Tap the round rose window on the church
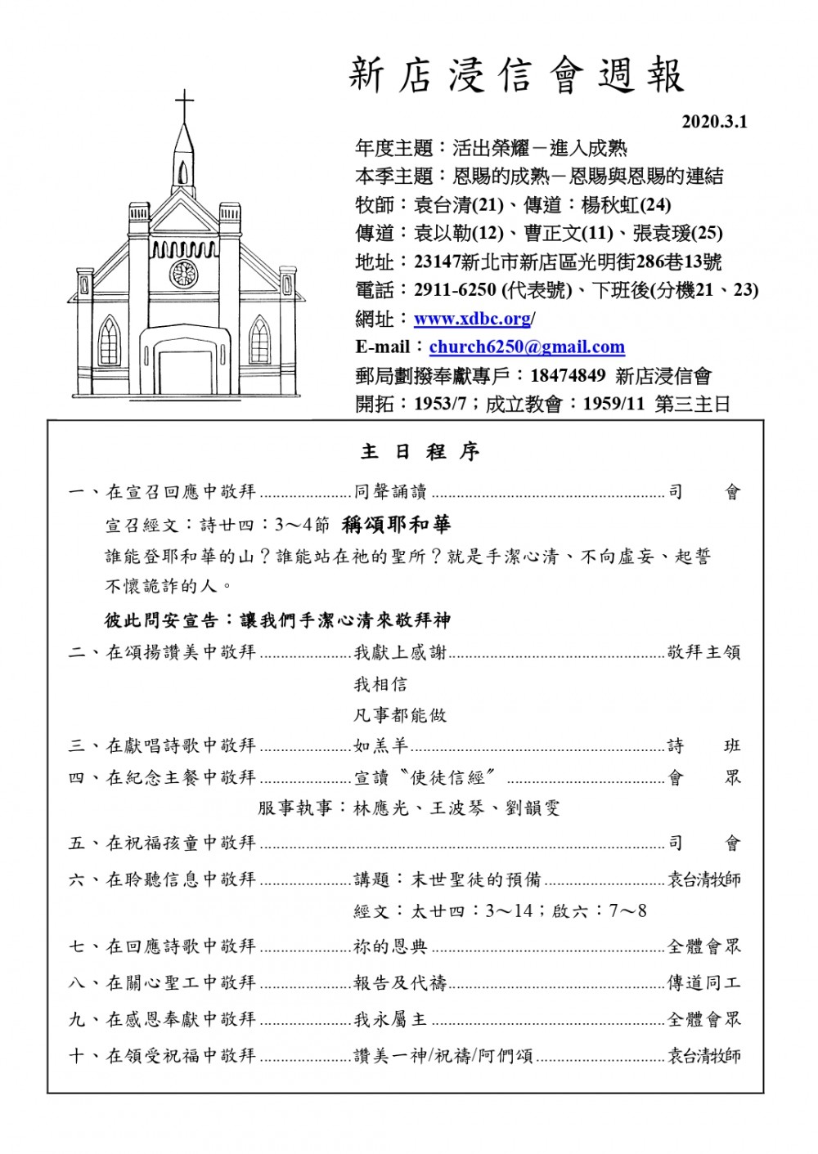coord(184,273)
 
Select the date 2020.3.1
coord(714,123)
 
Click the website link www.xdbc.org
coord(472,319)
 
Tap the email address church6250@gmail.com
coord(527,347)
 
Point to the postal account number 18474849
coord(568,375)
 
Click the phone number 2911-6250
coord(455,290)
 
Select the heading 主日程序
coord(420,451)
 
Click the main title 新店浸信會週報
coord(516,76)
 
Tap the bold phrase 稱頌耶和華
coord(397,524)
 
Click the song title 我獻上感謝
coord(401,652)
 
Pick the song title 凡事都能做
coord(401,715)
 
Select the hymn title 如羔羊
coord(381,745)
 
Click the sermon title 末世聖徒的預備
coord(475,879)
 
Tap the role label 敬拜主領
coord(703,652)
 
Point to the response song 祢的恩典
coord(391,946)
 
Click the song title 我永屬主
coord(391,1019)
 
